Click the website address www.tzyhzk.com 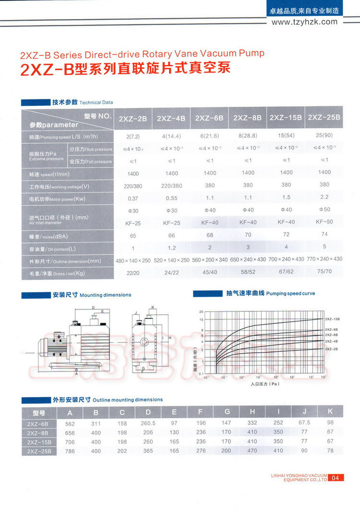[304, 21]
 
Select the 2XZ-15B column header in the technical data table [286, 118]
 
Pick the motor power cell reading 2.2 [324, 197]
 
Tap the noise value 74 [324, 234]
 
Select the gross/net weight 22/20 [133, 272]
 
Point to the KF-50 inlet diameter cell [324, 222]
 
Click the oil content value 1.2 [171, 248]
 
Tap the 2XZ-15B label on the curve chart [333, 318]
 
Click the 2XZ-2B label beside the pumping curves [332, 348]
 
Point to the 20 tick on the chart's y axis [201, 311]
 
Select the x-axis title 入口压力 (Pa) [264, 384]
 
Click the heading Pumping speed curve [291, 294]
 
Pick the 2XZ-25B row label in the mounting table [39, 451]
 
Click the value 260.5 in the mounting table [148, 423]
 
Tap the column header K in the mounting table [330, 412]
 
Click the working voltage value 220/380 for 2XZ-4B [171, 186]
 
